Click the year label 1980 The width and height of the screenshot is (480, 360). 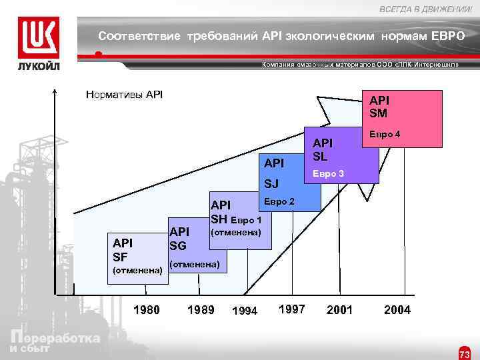click(147, 309)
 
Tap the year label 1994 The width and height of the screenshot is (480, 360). click(244, 310)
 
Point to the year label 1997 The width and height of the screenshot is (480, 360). click(291, 309)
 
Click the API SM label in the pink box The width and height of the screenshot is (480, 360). click(379, 106)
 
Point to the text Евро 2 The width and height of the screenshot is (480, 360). click(279, 200)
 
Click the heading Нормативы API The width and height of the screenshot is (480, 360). click(125, 94)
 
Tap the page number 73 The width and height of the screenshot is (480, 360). click(464, 351)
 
